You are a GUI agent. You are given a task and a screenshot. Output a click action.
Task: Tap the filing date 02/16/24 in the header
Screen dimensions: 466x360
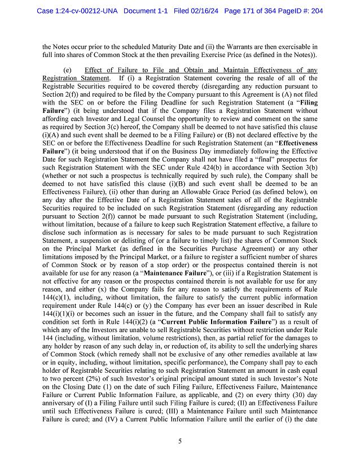click(206, 11)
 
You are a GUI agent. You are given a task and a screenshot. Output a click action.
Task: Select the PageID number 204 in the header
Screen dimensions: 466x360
click(315, 11)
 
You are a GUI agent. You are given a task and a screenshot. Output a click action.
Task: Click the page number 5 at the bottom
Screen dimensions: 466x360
click(179, 442)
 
